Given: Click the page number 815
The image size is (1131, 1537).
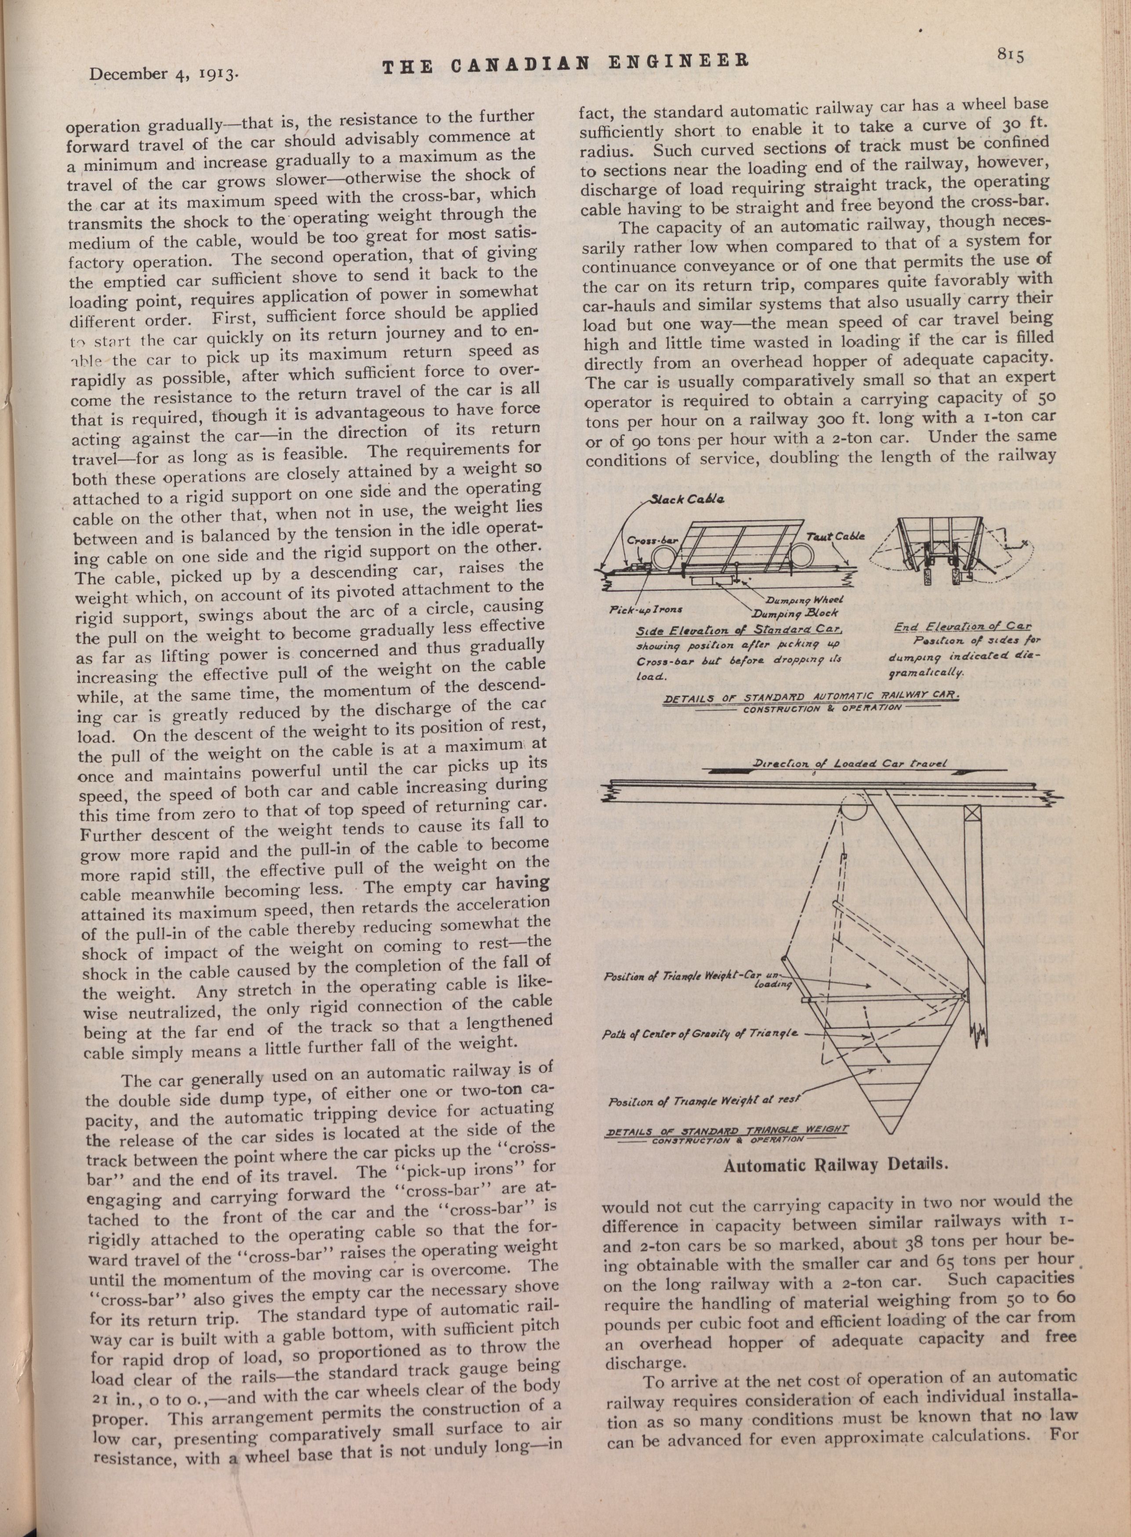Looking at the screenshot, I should click(1010, 55).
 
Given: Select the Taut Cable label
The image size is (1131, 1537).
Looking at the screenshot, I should click(835, 536).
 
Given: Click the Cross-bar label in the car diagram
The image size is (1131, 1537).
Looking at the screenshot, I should click(652, 540).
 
